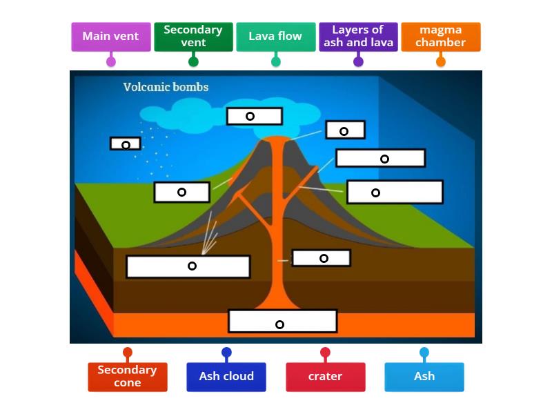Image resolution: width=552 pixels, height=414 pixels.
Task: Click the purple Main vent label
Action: coord(110,37)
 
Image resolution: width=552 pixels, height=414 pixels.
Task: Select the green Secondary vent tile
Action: coord(193,37)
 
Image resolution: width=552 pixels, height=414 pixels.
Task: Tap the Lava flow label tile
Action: coord(275,37)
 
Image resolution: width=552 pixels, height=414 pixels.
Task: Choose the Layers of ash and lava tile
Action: coord(358,37)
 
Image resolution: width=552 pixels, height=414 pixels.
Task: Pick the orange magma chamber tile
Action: coord(440,37)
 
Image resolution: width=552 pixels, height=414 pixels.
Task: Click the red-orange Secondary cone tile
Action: coord(127,377)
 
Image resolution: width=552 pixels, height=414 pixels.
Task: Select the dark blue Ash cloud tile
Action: coord(226,377)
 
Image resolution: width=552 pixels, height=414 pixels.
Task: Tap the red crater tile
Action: coord(325,377)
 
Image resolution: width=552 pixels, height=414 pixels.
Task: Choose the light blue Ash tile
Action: coord(424,377)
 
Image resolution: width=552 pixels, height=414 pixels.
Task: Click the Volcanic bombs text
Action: coord(166,88)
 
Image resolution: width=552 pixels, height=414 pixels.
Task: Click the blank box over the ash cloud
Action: coord(254,116)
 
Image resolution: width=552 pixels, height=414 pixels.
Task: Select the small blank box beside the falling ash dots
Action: coord(125,144)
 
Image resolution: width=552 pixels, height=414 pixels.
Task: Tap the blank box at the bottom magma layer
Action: coord(282,322)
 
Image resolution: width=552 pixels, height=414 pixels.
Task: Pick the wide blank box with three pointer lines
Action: coord(188,266)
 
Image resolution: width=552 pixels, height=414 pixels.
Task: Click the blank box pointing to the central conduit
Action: coord(321,258)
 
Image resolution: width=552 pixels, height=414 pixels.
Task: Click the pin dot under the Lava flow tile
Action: coord(276,61)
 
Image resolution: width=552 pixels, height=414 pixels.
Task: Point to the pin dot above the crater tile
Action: coord(325,353)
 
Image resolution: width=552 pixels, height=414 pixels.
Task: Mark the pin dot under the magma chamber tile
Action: coord(441,61)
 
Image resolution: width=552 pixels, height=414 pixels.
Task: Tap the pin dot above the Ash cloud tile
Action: coord(226,353)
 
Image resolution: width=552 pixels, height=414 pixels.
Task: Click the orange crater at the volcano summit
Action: coord(277,140)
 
